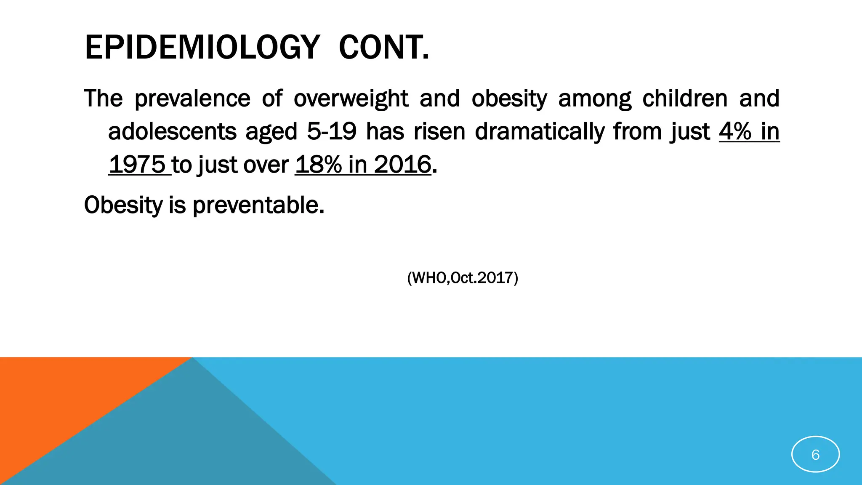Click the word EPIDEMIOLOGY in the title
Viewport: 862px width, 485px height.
202,47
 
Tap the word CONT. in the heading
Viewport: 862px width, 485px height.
384,47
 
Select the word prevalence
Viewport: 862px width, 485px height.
192,99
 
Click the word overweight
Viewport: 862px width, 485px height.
351,99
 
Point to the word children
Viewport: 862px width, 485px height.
685,99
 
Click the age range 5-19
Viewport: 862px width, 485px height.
332,131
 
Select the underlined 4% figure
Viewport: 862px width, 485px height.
735,131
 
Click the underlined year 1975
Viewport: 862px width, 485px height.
137,164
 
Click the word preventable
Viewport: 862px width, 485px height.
258,205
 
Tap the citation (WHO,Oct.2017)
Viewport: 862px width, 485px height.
463,278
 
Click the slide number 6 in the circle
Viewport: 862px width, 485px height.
815,455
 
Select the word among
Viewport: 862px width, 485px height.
594,99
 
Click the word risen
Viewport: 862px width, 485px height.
439,131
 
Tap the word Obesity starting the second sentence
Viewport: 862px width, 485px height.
123,205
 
